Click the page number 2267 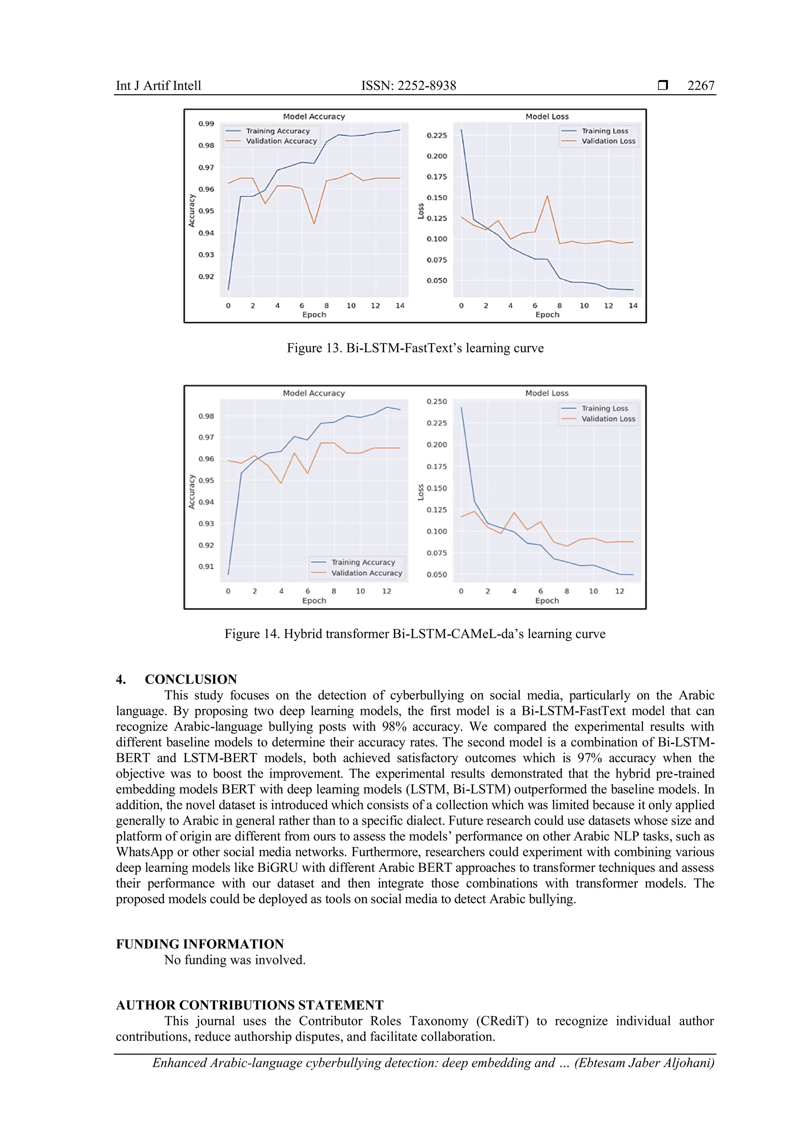(x=701, y=86)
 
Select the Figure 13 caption (x=415, y=348)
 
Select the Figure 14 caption (x=415, y=634)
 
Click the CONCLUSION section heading (x=191, y=679)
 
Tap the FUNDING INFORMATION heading (x=200, y=944)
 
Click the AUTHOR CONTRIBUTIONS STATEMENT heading (x=250, y=1005)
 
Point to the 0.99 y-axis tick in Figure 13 (x=206, y=124)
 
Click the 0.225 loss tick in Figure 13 (x=436, y=135)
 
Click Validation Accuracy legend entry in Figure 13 (x=281, y=141)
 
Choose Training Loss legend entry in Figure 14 (x=604, y=408)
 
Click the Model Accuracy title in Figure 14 (x=314, y=393)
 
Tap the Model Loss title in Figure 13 (x=547, y=116)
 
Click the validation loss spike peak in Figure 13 (x=547, y=196)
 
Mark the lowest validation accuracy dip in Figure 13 (x=314, y=223)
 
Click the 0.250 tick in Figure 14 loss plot (x=436, y=402)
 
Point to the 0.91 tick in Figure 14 (x=206, y=566)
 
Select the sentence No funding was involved (x=235, y=960)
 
